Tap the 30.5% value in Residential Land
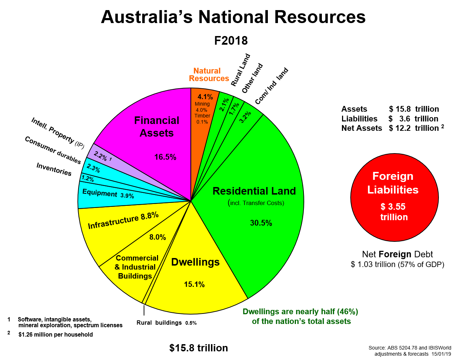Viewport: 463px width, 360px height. pos(261,223)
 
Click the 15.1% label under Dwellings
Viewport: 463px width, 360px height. pos(194,284)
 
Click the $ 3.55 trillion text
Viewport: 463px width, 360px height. pos(394,212)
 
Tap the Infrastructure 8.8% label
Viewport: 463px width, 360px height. pos(123,220)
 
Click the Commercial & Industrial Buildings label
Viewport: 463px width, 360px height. pos(136,267)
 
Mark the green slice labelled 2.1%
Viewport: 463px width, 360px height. pos(224,105)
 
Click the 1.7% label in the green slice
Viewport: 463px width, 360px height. pos(234,108)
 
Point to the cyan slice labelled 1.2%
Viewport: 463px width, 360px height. pos(87,178)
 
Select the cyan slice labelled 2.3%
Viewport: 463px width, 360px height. pos(93,168)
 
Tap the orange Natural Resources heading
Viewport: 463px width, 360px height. pos(208,75)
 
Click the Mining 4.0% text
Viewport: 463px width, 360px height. pos(202,107)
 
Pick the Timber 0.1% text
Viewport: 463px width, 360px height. pos(202,119)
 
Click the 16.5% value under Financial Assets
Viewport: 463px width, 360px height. pos(165,157)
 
